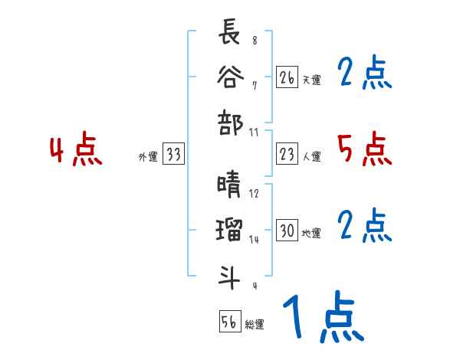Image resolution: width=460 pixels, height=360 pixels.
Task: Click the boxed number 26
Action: point(287,77)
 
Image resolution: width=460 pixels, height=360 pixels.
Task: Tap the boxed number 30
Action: point(287,231)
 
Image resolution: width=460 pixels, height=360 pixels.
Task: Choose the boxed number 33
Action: point(173,155)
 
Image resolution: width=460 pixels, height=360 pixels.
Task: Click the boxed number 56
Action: point(229,322)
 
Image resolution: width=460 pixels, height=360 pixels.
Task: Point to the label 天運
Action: point(311,80)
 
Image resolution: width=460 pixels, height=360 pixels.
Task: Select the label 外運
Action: point(148,157)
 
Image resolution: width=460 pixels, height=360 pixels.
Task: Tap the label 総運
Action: point(255,324)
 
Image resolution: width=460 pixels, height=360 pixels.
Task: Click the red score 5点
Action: point(364,149)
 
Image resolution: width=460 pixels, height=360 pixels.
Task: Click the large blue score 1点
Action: point(323,318)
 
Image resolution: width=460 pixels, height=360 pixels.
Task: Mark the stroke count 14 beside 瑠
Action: point(255,239)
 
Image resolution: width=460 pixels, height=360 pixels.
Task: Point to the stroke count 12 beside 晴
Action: point(255,194)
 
